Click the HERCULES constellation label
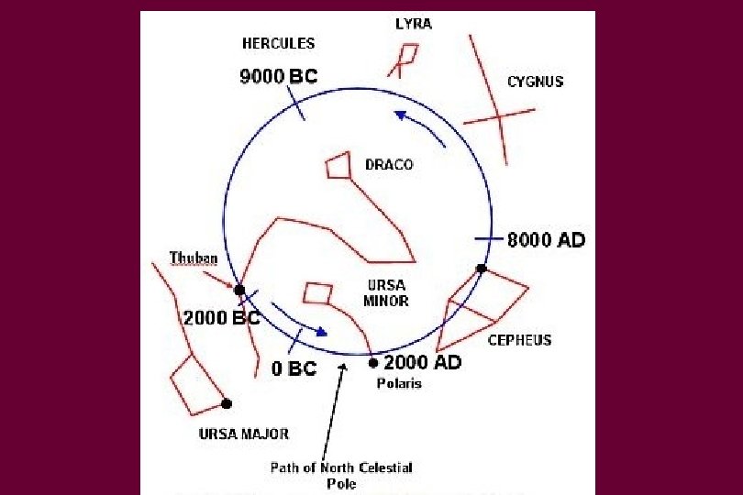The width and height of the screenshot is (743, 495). coord(278,43)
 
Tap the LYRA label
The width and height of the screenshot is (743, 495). coord(414,24)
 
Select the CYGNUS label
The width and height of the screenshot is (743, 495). coord(535,82)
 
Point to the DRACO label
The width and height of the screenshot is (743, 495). coord(389,165)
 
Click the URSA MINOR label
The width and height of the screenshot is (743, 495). coord(385,292)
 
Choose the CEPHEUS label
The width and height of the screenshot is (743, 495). coord(519,340)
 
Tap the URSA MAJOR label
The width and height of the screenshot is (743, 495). coord(243,434)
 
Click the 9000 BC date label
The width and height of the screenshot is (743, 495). coord(278,77)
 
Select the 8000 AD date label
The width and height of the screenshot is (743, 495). coord(546,240)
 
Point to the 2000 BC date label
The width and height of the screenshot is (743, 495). coord(222,320)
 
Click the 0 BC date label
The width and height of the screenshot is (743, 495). coord(294,369)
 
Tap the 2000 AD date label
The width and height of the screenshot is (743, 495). coord(422,363)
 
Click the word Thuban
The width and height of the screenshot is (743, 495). coord(193,258)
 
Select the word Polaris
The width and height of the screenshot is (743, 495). coord(399,383)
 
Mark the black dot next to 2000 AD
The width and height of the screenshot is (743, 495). coord(373,363)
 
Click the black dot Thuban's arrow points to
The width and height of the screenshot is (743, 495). coord(239,290)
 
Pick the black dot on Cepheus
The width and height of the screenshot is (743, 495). coord(481,269)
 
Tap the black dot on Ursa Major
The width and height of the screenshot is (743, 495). coord(227,403)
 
